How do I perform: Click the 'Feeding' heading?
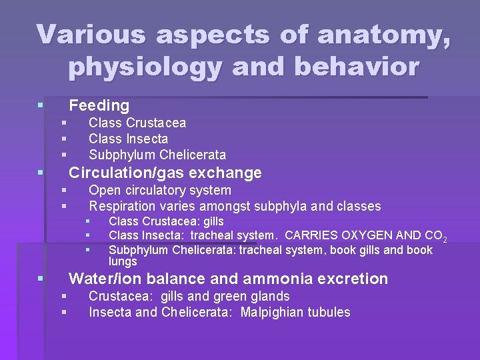(99, 105)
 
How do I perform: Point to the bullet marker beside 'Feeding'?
(41, 105)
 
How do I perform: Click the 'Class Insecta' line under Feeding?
(128, 139)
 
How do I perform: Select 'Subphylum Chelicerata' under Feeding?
(157, 155)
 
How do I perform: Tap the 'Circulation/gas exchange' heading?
(165, 173)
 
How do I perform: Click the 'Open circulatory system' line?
(160, 191)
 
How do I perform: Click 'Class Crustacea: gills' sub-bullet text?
(166, 221)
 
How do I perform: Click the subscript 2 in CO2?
(445, 239)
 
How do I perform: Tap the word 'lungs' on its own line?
(123, 261)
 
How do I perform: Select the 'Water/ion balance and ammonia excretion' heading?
(228, 279)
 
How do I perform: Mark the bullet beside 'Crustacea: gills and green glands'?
(64, 296)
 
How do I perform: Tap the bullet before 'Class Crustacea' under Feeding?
(64, 123)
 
